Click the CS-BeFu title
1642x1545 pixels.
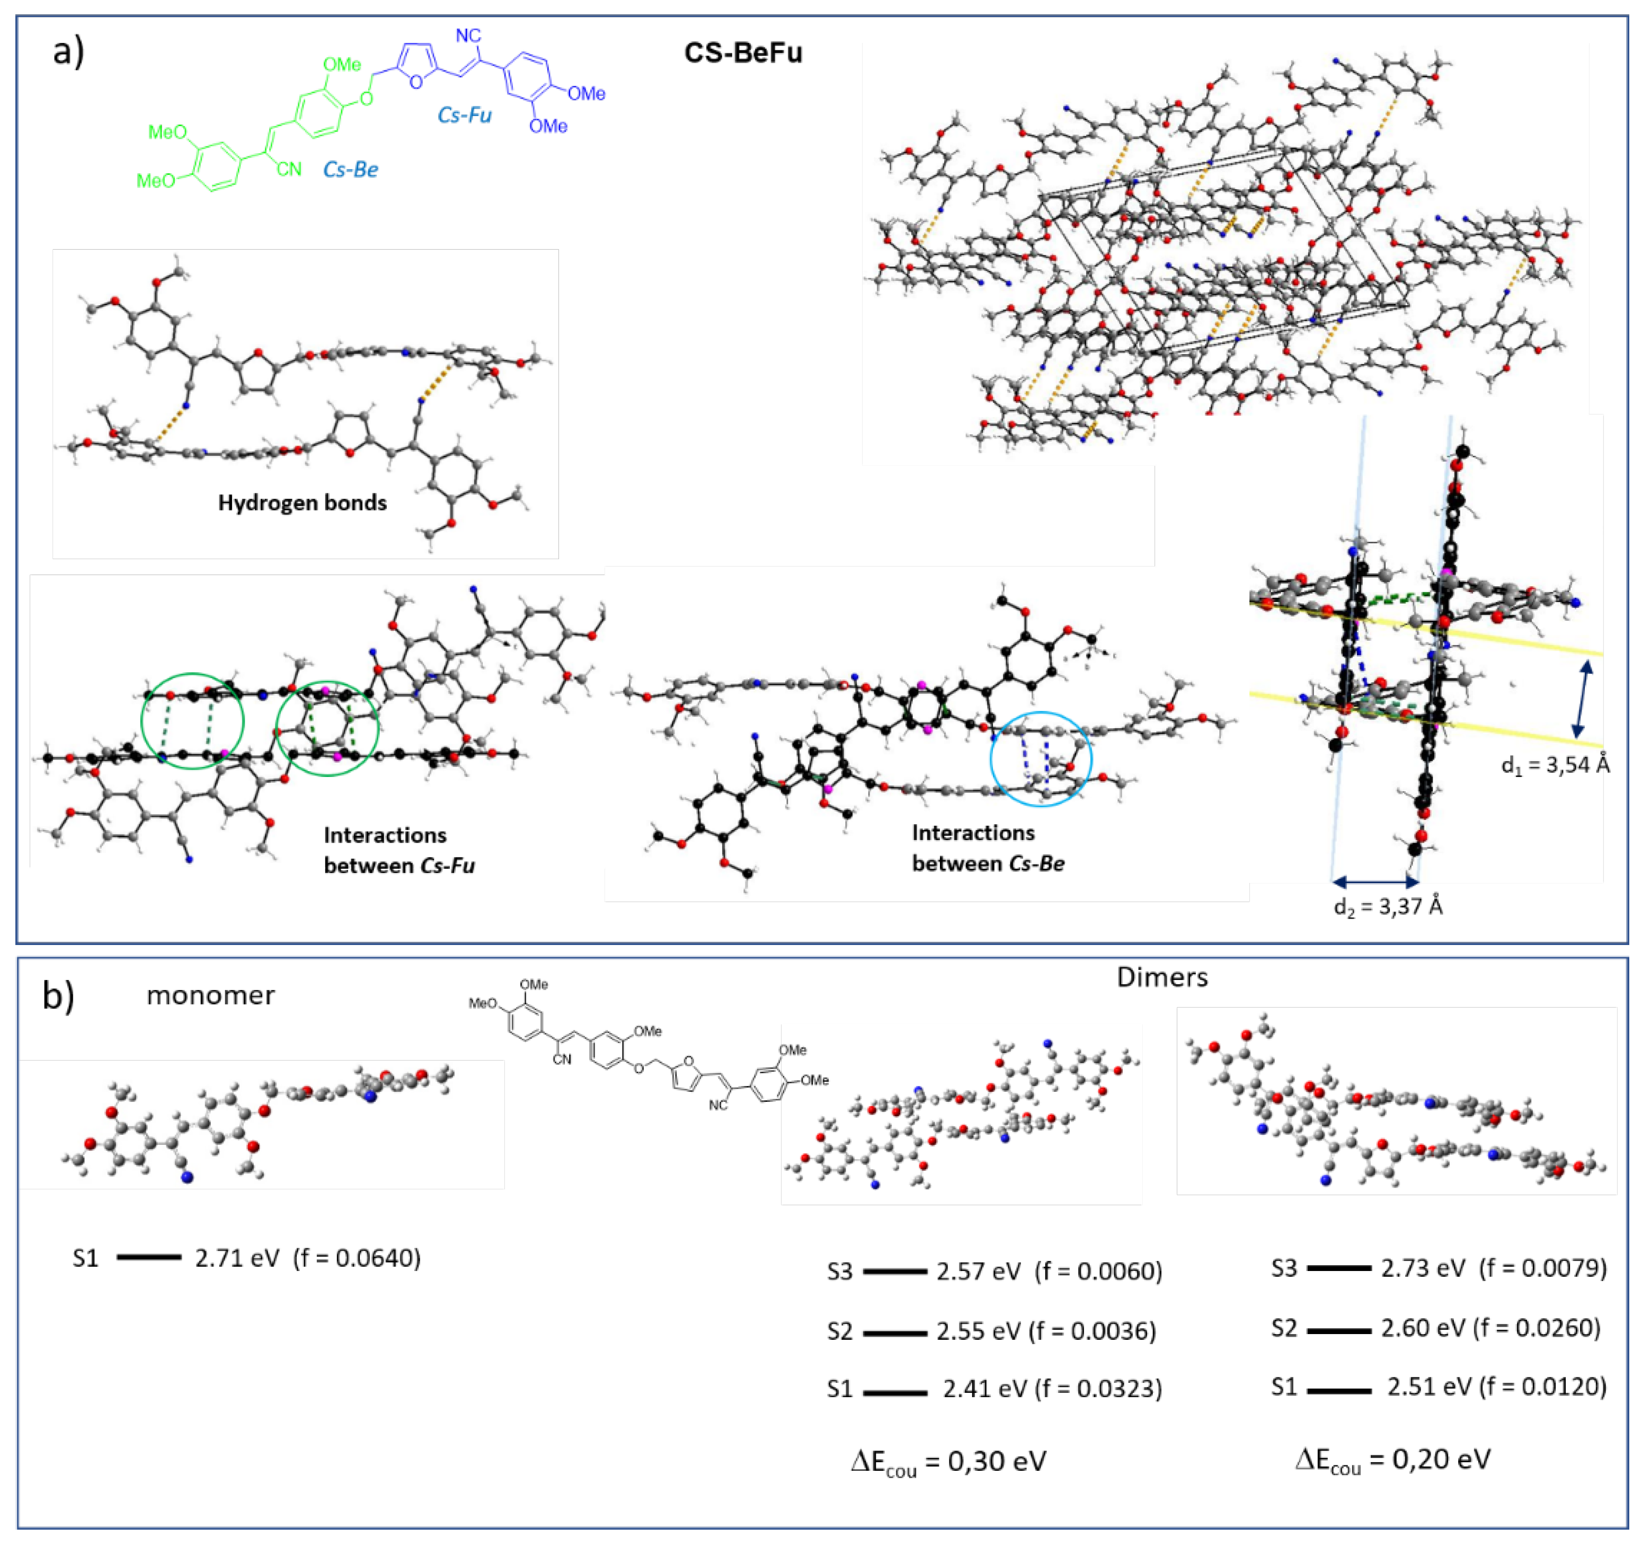coord(743,53)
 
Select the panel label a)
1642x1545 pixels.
coord(68,51)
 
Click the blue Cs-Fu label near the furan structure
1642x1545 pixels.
coord(464,115)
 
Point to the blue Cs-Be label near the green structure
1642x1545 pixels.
coord(350,170)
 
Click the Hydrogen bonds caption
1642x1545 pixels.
coord(303,502)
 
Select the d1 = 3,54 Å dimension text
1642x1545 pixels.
coord(1555,765)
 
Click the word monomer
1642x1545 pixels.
coord(211,995)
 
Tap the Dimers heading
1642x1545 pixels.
coord(1162,977)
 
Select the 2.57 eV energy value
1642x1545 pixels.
coord(978,1270)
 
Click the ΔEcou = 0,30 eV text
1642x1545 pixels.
coord(948,1462)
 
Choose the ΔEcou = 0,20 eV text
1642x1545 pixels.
coord(1392,1459)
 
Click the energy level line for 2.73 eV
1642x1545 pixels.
coord(1339,1267)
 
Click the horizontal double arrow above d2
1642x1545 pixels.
coord(1374,882)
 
